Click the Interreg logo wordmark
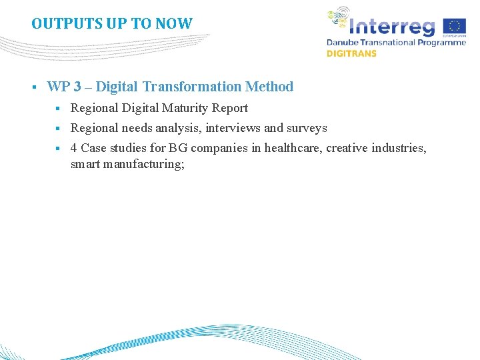393,26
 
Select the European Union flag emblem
456,26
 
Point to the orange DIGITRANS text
351,53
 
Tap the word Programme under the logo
441,42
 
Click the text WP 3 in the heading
61,87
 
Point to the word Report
230,108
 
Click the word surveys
307,128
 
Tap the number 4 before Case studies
74,148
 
